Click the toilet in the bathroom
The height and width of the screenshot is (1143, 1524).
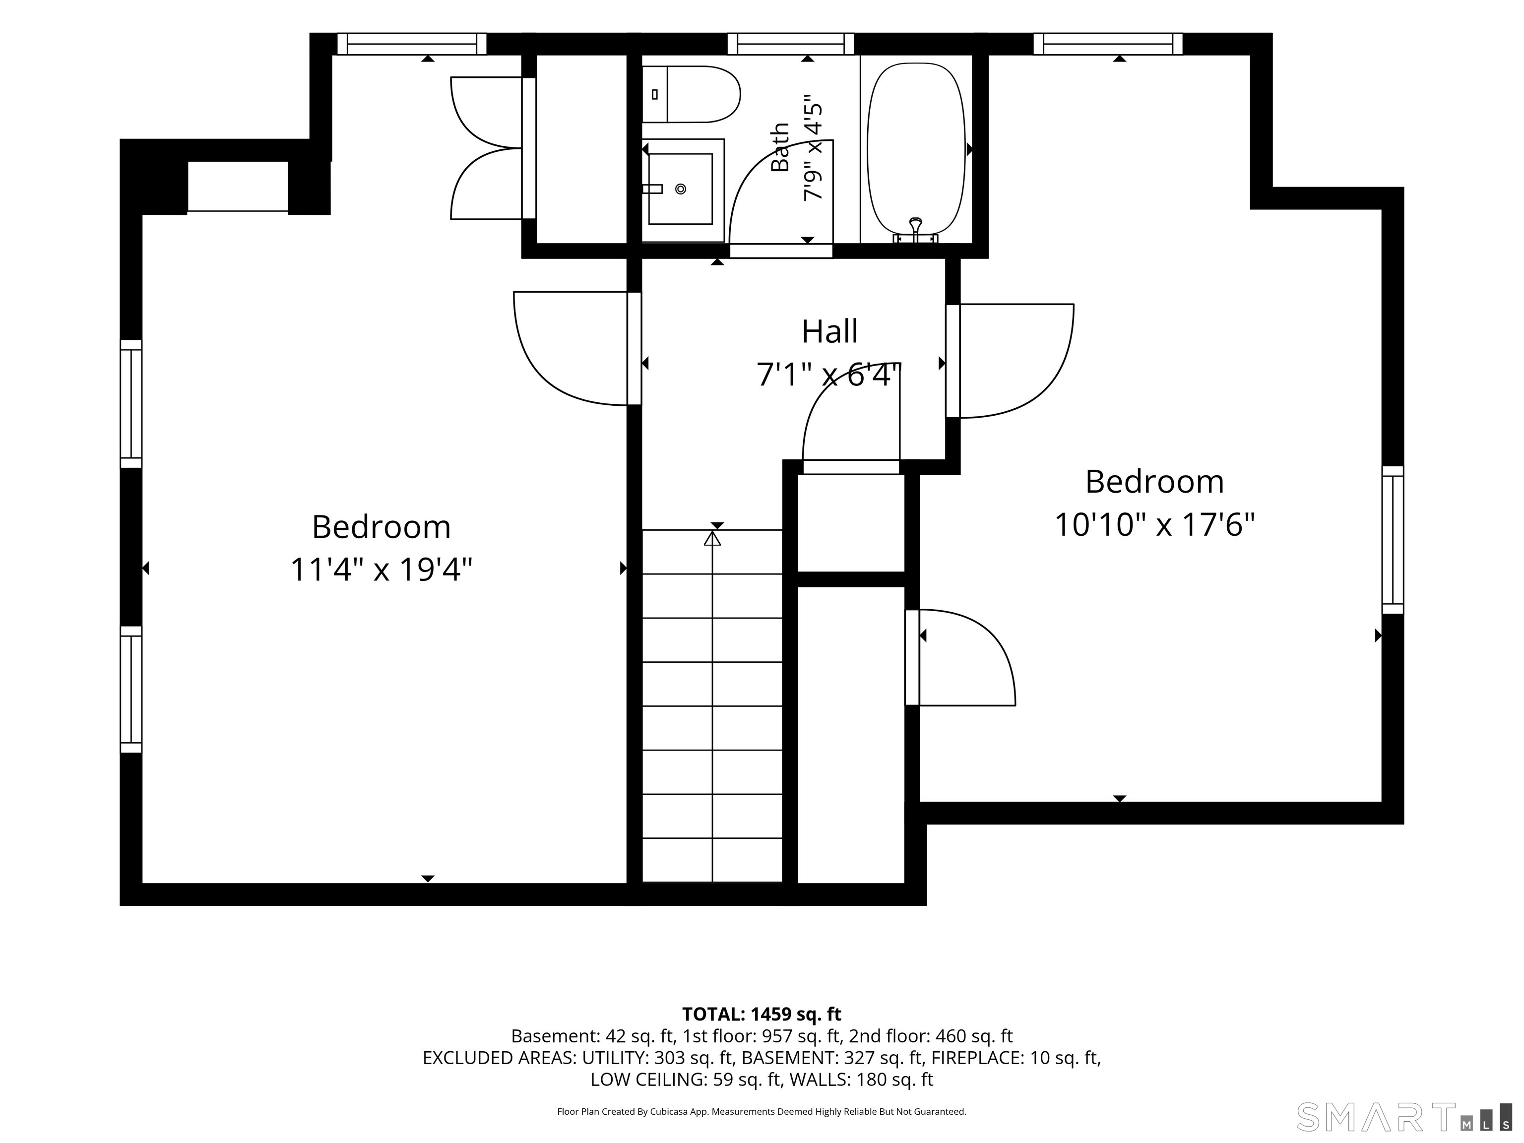pos(691,94)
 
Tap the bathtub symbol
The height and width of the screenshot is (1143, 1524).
pos(916,152)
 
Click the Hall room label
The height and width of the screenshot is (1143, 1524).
pos(829,331)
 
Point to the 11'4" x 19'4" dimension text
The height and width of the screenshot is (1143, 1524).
pos(381,570)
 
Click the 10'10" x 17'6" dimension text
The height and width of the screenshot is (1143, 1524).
pos(1155,524)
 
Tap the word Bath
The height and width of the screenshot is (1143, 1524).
pos(780,147)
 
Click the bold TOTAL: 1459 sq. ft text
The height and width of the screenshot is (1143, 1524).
pos(762,1014)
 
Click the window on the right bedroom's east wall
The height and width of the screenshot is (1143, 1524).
pos(1393,540)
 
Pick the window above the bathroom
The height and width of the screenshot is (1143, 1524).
pos(791,44)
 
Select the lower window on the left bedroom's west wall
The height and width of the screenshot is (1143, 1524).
pos(131,690)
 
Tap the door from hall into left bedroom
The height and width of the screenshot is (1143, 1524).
pos(577,349)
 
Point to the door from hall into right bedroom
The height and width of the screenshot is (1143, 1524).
pos(1010,361)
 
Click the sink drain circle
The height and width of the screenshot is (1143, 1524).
pos(681,189)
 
